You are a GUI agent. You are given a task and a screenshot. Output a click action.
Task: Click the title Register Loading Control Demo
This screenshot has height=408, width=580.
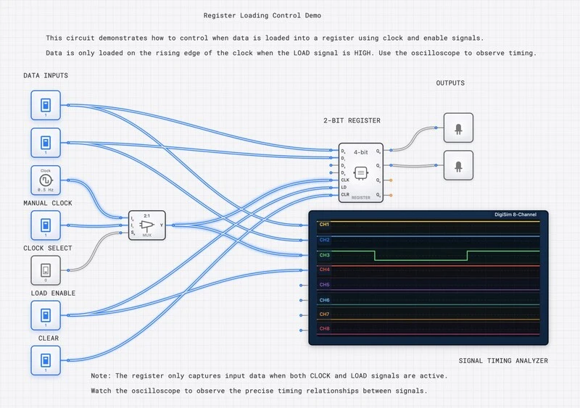click(x=264, y=15)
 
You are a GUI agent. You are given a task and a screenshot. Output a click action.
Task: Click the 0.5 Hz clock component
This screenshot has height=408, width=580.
click(x=45, y=180)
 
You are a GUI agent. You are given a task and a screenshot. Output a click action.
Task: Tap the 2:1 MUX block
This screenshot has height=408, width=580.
click(x=147, y=225)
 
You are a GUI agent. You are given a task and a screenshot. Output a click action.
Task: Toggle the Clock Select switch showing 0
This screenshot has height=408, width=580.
click(x=45, y=270)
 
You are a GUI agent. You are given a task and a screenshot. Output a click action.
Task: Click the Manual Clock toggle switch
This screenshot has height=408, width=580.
click(x=45, y=225)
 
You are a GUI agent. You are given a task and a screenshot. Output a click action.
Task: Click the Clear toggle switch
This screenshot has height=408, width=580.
click(x=45, y=360)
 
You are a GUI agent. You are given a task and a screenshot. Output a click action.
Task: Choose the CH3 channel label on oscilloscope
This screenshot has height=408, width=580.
click(x=324, y=255)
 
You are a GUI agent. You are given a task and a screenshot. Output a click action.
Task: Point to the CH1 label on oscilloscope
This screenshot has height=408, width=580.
click(x=324, y=224)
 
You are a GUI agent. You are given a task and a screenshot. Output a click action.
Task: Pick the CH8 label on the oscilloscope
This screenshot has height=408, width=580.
click(x=324, y=329)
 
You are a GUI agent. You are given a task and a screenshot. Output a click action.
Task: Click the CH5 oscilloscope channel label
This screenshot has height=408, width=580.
click(x=324, y=285)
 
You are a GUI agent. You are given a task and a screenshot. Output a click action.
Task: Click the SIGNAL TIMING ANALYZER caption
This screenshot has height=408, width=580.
click(x=503, y=360)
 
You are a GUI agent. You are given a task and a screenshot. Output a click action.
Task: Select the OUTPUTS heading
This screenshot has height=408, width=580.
click(x=450, y=83)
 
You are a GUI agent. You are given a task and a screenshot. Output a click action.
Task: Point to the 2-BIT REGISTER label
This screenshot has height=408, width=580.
click(x=352, y=120)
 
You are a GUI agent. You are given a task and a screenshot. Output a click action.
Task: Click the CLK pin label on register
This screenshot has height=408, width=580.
click(x=344, y=179)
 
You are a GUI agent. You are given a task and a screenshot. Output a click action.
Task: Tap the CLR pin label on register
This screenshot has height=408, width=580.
click(x=344, y=194)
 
